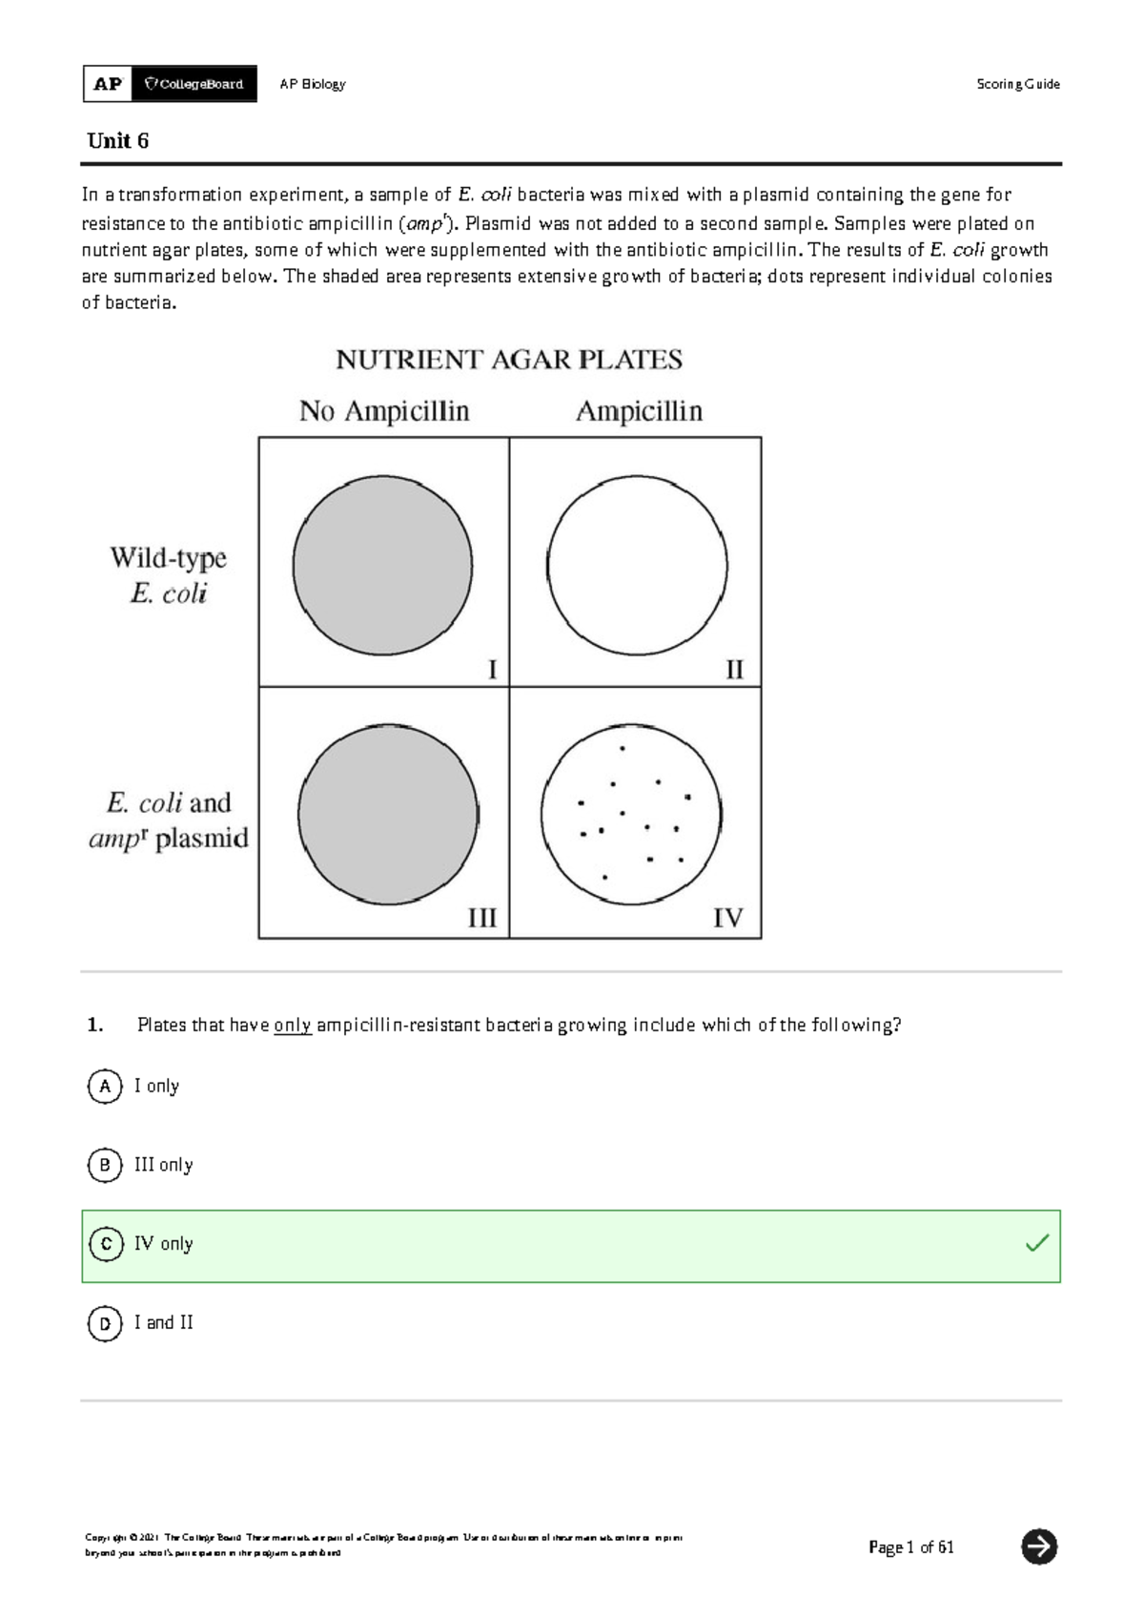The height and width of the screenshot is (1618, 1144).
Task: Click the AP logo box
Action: tap(108, 84)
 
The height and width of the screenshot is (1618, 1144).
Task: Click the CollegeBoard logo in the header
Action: tap(194, 84)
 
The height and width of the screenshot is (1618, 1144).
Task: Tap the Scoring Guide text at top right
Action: tap(1017, 84)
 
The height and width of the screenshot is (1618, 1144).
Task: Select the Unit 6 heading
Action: tap(117, 141)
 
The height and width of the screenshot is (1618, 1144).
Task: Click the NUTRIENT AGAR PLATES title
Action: tap(509, 360)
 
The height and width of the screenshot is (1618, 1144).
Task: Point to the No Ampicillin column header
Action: tap(384, 411)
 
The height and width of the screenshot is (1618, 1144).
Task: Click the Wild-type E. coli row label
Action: tap(169, 575)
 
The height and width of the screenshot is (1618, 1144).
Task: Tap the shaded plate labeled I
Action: tap(382, 566)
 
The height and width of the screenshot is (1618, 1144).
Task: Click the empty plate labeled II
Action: tap(637, 566)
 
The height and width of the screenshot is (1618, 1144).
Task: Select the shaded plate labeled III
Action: tap(388, 815)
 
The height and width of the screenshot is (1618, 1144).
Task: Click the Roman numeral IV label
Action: tap(727, 918)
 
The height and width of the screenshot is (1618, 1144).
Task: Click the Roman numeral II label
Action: tap(734, 670)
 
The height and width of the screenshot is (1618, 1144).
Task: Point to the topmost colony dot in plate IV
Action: tap(623, 749)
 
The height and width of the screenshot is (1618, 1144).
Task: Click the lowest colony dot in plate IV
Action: tap(604, 877)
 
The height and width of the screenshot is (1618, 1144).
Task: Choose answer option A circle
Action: tap(105, 1087)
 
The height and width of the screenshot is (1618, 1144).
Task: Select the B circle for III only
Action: tap(105, 1166)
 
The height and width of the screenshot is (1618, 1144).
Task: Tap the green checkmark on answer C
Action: tap(1036, 1243)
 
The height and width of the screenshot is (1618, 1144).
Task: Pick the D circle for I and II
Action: tap(105, 1323)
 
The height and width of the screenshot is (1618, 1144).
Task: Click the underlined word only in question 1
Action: tap(293, 1026)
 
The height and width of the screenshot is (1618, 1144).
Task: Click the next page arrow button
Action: tap(1038, 1546)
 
